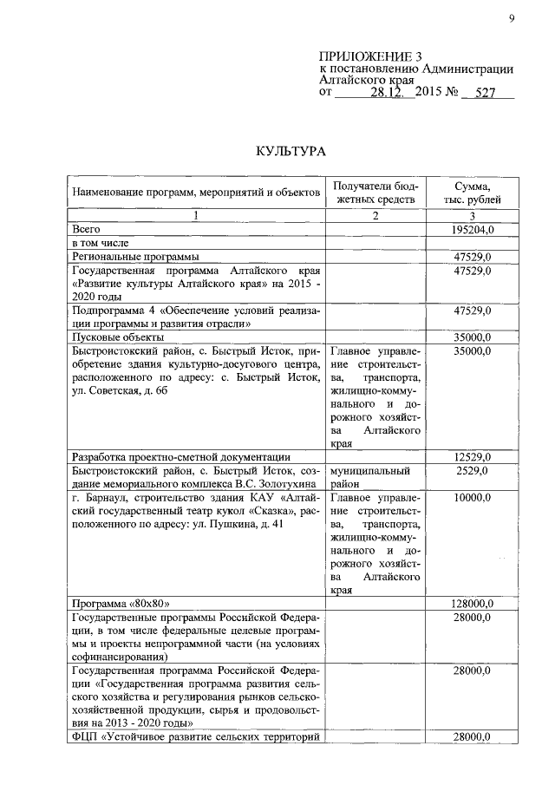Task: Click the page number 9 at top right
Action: [512, 18]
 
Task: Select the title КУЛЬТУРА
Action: [290, 152]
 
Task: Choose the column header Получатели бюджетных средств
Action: [375, 193]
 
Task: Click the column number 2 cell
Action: [375, 216]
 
